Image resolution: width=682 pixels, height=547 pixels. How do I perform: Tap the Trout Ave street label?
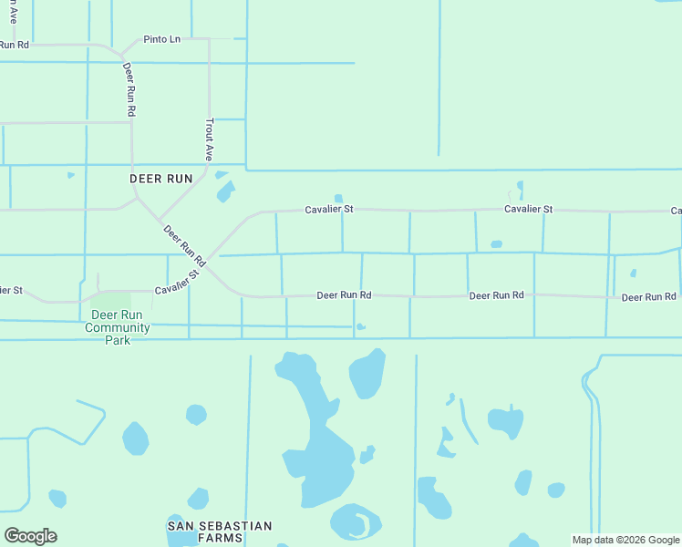[x=209, y=139]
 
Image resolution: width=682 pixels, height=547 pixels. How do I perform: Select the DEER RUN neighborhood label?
[x=161, y=179]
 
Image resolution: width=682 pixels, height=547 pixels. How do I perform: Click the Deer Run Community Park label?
[x=119, y=327]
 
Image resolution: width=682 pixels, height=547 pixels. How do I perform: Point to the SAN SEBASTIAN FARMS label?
[x=220, y=532]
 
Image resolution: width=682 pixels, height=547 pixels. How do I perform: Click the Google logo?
[x=30, y=536]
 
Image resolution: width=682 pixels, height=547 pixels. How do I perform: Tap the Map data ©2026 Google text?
[x=625, y=540]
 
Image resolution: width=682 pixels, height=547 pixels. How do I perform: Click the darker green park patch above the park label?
[x=110, y=300]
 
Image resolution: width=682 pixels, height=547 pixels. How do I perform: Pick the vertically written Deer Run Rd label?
[x=129, y=88]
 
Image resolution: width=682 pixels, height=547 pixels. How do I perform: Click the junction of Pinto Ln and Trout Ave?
[x=209, y=39]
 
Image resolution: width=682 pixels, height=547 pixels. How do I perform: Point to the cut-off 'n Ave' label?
[x=11, y=10]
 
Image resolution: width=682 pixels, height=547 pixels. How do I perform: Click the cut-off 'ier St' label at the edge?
[x=10, y=290]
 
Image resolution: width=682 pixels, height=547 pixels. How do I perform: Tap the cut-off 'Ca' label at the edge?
[x=676, y=212]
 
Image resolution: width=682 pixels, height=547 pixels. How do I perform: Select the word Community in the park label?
[x=118, y=328]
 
